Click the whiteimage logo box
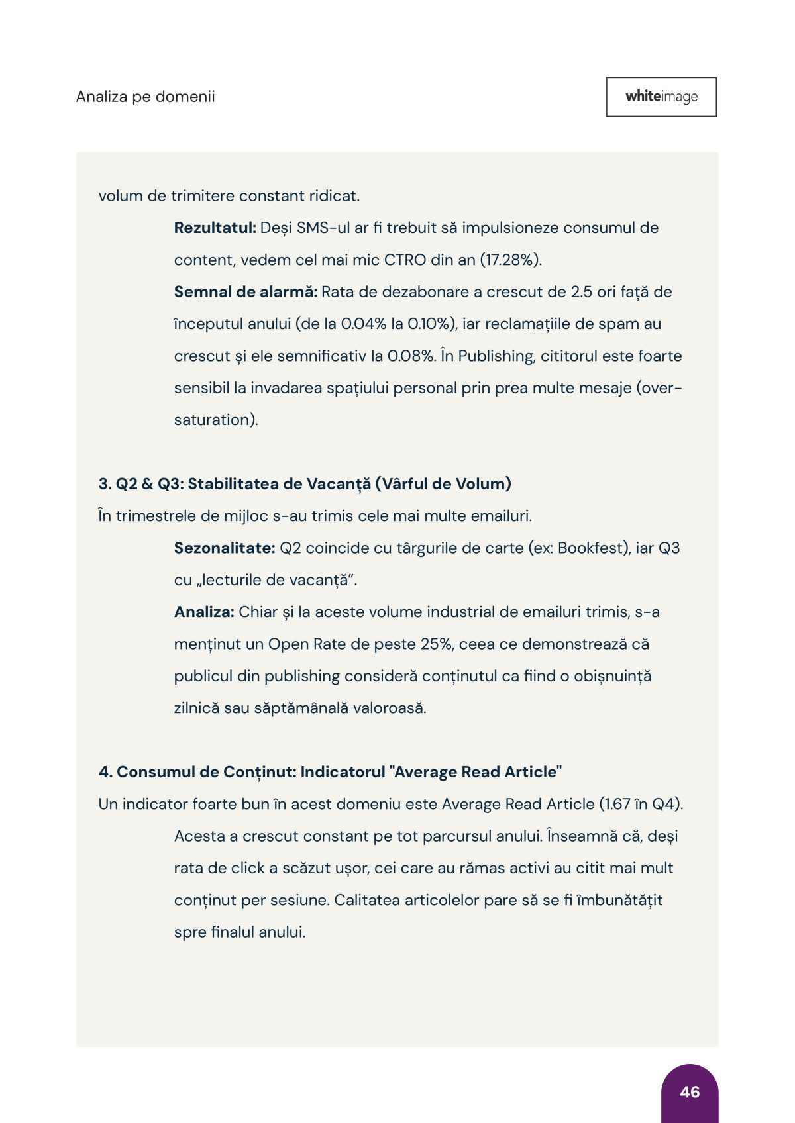point(661,97)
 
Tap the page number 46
point(690,1092)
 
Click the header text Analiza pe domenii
point(146,97)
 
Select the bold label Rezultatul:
point(215,228)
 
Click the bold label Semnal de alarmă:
point(246,292)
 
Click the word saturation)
point(216,420)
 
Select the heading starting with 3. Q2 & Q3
point(305,484)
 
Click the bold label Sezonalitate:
point(225,548)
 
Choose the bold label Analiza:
point(204,612)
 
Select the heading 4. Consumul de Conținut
point(330,772)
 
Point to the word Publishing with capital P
point(496,356)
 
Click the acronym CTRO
point(405,260)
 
